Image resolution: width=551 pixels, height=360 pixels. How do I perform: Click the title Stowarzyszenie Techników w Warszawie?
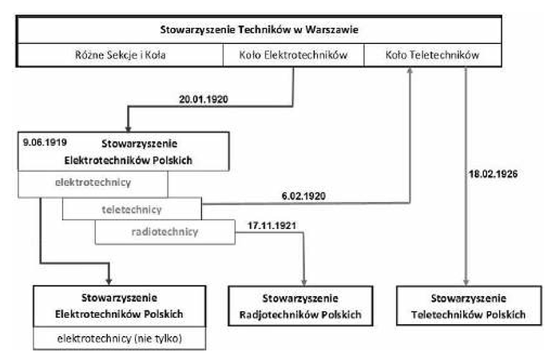click(x=260, y=30)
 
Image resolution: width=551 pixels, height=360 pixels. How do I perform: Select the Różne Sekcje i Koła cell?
click(x=120, y=55)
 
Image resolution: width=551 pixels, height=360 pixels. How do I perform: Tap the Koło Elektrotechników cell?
click(x=293, y=55)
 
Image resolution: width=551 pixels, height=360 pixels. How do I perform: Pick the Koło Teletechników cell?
click(x=433, y=55)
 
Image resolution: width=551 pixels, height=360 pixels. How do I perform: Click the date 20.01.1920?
click(x=204, y=100)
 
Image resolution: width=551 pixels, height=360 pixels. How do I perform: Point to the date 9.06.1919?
click(x=45, y=142)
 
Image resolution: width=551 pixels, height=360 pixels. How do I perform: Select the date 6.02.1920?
click(x=303, y=196)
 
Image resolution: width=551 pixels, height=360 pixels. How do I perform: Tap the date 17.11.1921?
click(x=272, y=225)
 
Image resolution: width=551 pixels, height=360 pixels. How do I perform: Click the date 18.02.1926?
click(x=493, y=174)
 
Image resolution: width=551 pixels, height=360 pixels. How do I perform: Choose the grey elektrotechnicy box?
click(x=93, y=184)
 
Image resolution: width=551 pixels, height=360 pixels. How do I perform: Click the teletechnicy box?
click(x=132, y=209)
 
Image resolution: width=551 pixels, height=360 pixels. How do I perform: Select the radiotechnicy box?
click(x=165, y=231)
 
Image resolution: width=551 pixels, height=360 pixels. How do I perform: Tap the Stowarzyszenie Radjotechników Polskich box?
click(x=300, y=306)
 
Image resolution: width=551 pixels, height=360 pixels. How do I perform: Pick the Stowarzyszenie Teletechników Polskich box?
click(x=469, y=306)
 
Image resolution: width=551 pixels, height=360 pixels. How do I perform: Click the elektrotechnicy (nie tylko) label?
click(x=120, y=338)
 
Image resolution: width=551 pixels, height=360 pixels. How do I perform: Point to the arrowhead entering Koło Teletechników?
click(x=410, y=70)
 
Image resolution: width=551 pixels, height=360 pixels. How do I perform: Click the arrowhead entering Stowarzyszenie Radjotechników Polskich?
click(x=304, y=283)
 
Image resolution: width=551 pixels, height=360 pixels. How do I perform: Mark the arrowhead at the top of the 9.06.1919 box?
click(x=129, y=129)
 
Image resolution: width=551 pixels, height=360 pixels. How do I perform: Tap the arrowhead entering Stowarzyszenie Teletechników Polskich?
click(x=466, y=283)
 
